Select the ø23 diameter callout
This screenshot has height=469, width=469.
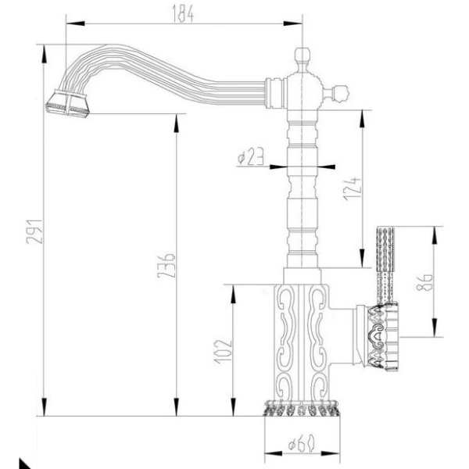click(249, 158)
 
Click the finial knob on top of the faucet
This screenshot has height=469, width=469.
click(303, 55)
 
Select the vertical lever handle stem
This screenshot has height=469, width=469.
click(385, 262)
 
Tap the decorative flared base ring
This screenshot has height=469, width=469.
click(300, 409)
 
